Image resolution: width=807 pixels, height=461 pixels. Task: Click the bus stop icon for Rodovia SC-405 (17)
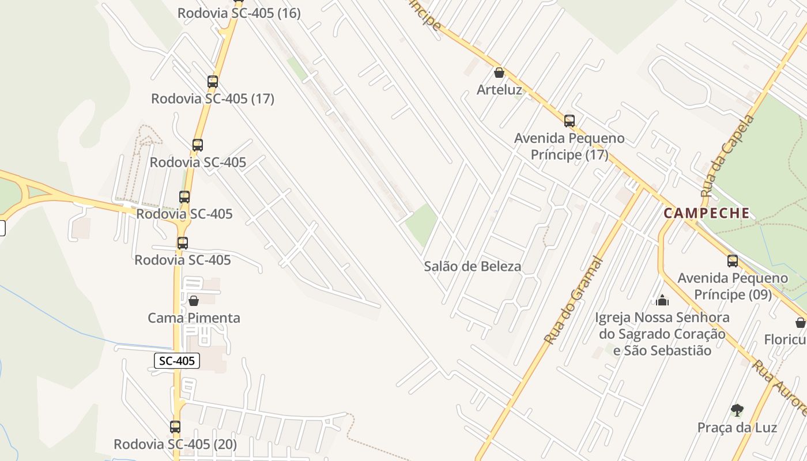(213, 82)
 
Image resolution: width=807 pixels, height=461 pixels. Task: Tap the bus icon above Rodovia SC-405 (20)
(175, 427)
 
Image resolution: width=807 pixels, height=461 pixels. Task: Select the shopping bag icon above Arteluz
(499, 73)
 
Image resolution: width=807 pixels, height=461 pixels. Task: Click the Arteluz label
(499, 90)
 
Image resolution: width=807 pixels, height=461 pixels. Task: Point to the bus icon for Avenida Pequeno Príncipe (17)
(570, 120)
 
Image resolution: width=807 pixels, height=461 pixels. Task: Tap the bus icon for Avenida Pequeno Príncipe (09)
(733, 260)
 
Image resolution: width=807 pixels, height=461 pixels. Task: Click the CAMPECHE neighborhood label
(707, 213)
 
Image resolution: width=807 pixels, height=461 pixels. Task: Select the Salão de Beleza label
(473, 266)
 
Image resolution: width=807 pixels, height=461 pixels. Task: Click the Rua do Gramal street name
(573, 301)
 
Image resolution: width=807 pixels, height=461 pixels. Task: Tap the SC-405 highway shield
(178, 361)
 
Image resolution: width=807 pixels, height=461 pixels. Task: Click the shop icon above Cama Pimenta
(194, 301)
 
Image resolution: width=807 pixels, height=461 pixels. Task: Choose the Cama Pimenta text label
(194, 318)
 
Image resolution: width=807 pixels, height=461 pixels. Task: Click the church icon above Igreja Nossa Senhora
(662, 300)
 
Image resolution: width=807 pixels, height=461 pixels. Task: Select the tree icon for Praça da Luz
(737, 410)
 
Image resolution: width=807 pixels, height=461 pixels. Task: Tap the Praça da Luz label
(737, 428)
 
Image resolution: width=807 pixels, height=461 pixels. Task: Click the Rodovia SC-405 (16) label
(239, 13)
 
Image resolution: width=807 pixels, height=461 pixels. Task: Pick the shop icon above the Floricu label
(801, 322)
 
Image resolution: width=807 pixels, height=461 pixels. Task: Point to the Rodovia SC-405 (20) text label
(175, 444)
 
